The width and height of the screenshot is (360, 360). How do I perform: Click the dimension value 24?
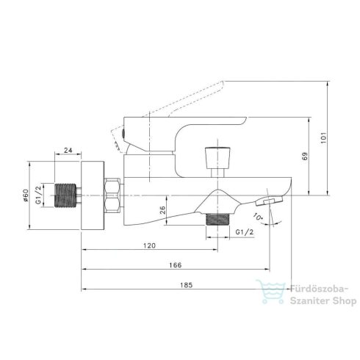tap(68, 150)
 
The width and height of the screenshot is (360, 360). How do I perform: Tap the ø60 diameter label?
tap(26, 195)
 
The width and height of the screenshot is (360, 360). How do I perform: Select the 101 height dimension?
tap(324, 138)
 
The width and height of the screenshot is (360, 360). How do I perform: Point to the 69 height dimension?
tap(305, 156)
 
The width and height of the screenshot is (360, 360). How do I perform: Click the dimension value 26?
tap(162, 210)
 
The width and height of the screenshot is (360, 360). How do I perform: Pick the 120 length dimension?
tap(149, 245)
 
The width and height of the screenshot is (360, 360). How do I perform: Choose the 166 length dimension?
tap(176, 265)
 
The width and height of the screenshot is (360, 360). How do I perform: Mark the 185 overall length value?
tap(187, 285)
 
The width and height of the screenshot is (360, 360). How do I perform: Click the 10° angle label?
tap(258, 217)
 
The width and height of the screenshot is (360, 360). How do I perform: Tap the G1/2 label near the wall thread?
tap(38, 195)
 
